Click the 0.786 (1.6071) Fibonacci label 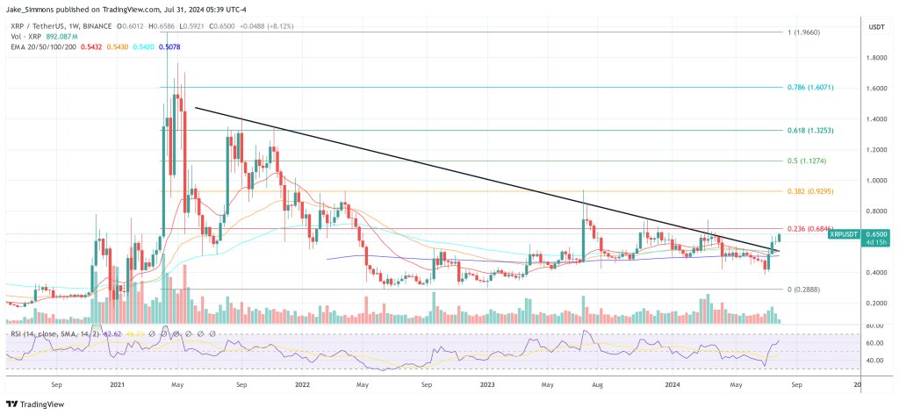click(x=809, y=88)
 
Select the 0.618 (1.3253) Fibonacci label click(x=809, y=130)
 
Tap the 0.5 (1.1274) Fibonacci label click(x=805, y=161)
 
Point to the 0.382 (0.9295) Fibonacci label click(x=809, y=191)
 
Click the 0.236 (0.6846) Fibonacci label click(x=809, y=229)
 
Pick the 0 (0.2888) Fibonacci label click(x=803, y=289)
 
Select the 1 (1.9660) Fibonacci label click(x=803, y=32)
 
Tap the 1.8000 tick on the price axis click(x=874, y=58)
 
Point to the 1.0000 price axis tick click(x=874, y=180)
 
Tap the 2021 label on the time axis click(x=116, y=383)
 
